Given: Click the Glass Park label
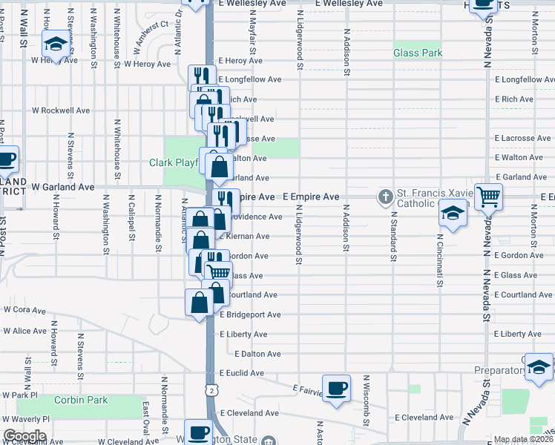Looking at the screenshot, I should pos(418,53).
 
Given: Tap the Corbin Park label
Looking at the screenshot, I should pos(82,400).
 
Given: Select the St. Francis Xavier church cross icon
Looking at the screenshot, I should pos(385,197).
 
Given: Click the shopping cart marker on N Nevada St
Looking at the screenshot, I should pos(489,197).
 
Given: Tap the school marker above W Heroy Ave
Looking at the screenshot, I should pos(55,45).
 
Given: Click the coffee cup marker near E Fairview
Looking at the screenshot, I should pos(337,389).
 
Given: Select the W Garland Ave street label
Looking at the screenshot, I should pos(63,188).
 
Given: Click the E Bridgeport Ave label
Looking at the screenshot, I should pos(250,314).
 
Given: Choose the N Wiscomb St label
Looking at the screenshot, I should pos(367,400).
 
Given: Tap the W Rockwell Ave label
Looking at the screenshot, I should pos(60,111).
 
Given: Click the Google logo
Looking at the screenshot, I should pos(24,436).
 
